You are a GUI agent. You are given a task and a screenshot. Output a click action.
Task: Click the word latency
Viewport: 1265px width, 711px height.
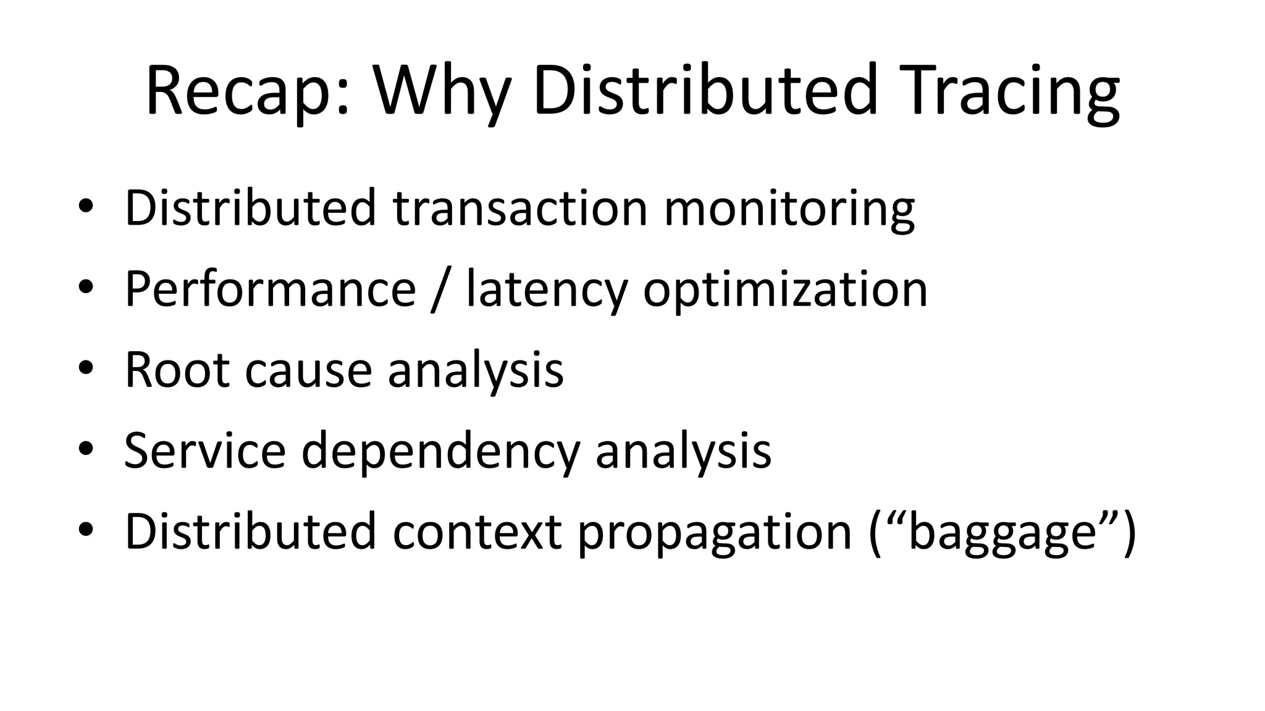click(547, 290)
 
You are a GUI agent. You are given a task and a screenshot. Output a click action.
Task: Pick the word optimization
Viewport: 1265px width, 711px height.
click(785, 290)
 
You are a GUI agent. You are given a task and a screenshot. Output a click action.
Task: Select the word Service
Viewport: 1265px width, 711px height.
click(205, 451)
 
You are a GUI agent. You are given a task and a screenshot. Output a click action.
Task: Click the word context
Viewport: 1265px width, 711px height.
click(477, 532)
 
